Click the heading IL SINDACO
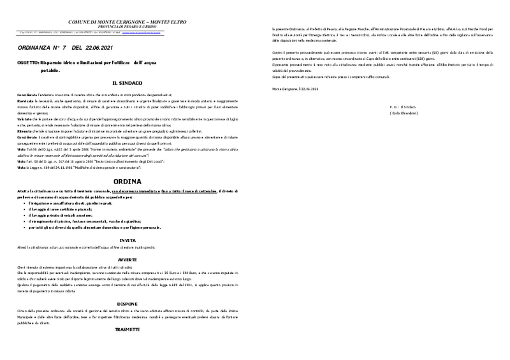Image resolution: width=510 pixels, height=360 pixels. [x=127, y=83]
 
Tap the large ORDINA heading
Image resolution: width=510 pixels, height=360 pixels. [x=127, y=181]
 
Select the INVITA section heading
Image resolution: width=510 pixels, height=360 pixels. [x=127, y=240]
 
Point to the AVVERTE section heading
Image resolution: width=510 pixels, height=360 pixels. [x=127, y=259]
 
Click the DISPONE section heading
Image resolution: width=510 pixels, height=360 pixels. [x=127, y=304]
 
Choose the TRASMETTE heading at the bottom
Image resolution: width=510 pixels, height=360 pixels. [x=127, y=331]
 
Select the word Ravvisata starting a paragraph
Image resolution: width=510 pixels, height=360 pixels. [x=26, y=101]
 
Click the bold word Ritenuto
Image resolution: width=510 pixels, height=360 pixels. [x=25, y=131]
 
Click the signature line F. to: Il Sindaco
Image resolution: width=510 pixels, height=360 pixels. [x=404, y=105]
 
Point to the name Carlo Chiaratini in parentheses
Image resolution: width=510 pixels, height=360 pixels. [x=404, y=113]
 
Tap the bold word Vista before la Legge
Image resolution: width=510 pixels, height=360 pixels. [x=22, y=167]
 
